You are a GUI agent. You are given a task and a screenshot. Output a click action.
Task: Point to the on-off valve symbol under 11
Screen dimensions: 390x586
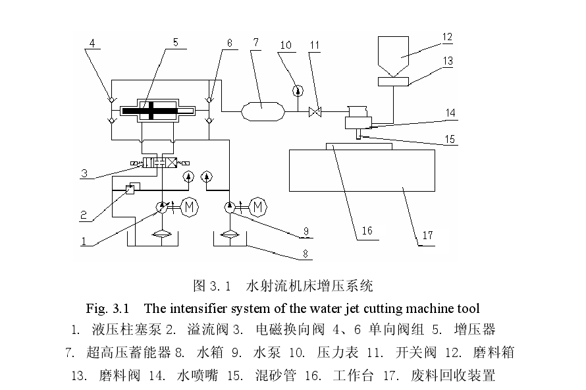click(315, 112)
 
